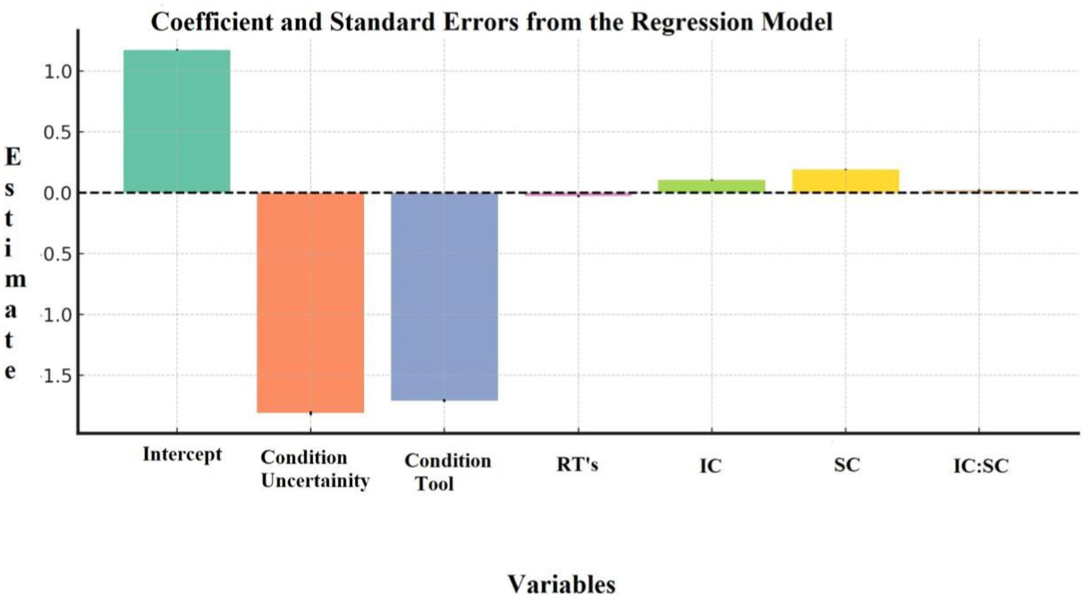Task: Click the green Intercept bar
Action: click(x=177, y=120)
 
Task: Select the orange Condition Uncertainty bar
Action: click(x=310, y=302)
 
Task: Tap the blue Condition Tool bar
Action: click(x=444, y=297)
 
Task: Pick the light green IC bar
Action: click(x=711, y=186)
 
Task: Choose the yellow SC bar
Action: click(x=845, y=181)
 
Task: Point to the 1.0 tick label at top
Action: click(x=58, y=71)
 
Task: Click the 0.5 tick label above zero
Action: click(x=58, y=133)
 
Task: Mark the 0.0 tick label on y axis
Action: click(x=58, y=193)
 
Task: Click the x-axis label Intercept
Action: click(x=182, y=454)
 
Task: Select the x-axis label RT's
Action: click(x=577, y=465)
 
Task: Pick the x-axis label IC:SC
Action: click(x=980, y=466)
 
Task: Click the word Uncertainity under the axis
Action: click(x=315, y=481)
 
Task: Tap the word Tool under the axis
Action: click(x=434, y=484)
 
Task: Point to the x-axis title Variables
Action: click(x=561, y=585)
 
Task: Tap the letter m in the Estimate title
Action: click(x=15, y=280)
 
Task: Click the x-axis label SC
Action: click(x=847, y=465)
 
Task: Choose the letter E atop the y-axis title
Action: click(x=13, y=157)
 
